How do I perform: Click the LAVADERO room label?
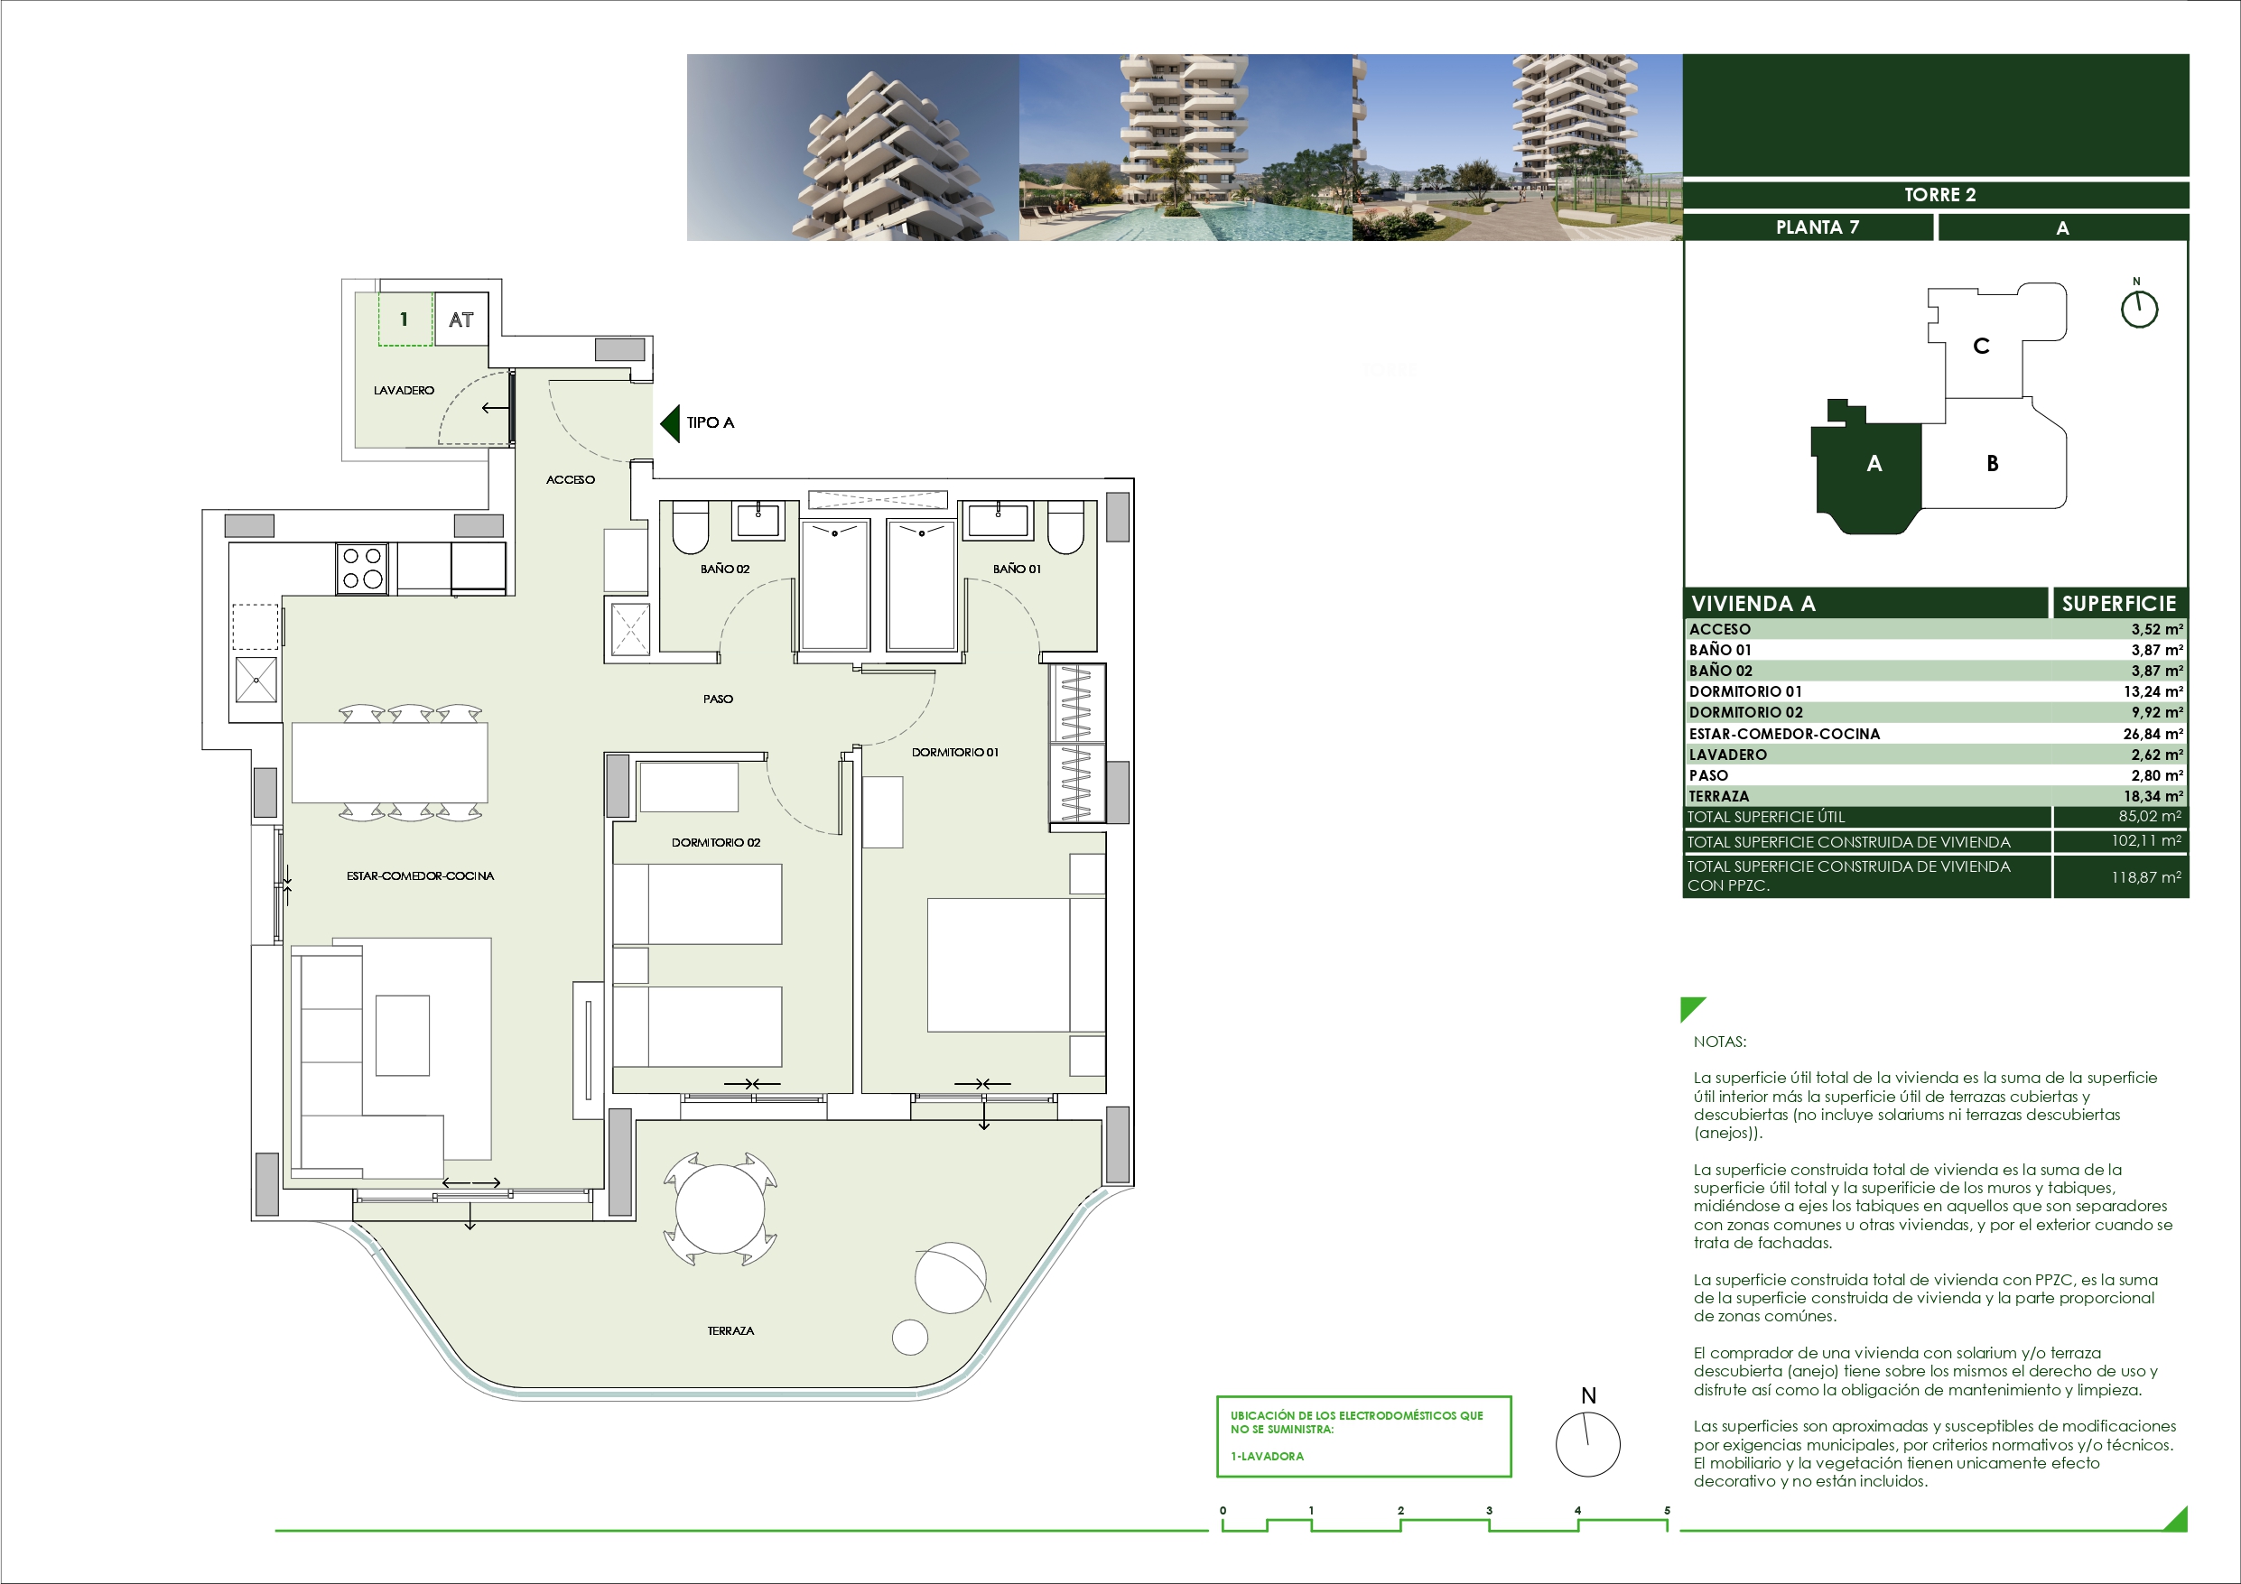point(403,391)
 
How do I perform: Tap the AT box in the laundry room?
point(460,320)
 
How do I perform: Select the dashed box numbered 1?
point(405,320)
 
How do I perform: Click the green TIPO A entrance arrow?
point(670,422)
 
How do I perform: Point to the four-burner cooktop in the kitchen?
point(362,568)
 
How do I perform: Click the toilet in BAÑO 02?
point(690,527)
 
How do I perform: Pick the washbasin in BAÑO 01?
point(997,519)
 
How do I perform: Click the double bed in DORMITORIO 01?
point(1016,964)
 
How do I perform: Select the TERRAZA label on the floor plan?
point(730,1331)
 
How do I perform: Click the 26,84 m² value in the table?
point(2153,734)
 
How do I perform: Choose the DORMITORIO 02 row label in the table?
point(1746,712)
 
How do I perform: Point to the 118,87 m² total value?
point(2146,877)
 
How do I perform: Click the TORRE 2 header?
point(1939,194)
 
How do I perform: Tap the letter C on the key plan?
point(1981,346)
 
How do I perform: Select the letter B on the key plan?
point(1992,464)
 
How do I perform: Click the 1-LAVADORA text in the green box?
point(1267,1456)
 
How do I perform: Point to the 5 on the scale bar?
point(1667,1511)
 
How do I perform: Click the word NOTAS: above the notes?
point(1720,1042)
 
